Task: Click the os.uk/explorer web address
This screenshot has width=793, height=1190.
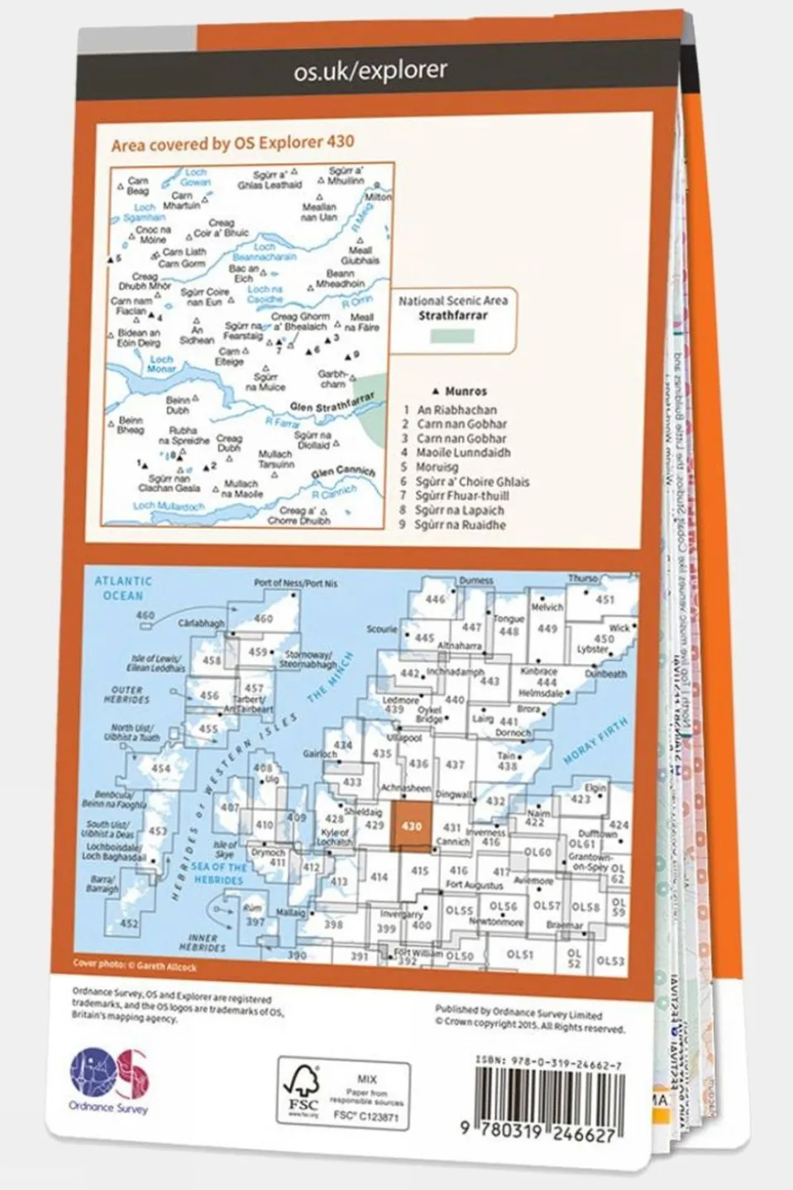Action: pos(370,71)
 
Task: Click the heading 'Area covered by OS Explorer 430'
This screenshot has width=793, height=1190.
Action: pos(232,143)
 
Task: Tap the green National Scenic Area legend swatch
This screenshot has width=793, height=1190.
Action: pos(452,336)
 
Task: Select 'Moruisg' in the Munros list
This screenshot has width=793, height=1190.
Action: pos(436,467)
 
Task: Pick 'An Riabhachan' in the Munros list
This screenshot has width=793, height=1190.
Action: pos(456,409)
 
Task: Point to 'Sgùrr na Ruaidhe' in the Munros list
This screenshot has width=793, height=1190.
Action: pos(460,525)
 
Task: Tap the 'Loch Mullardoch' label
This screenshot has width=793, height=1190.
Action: pos(169,505)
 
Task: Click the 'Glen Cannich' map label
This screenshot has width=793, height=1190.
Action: pos(342,472)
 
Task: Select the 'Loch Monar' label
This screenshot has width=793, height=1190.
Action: pos(161,364)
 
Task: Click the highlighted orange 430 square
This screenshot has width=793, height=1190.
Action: pos(411,826)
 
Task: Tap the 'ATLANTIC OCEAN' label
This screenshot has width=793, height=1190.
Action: pos(123,588)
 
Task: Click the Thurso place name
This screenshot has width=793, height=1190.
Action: pos(582,579)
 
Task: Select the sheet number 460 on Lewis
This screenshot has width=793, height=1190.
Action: pos(263,618)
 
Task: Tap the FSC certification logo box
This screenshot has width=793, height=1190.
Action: pos(343,1093)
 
